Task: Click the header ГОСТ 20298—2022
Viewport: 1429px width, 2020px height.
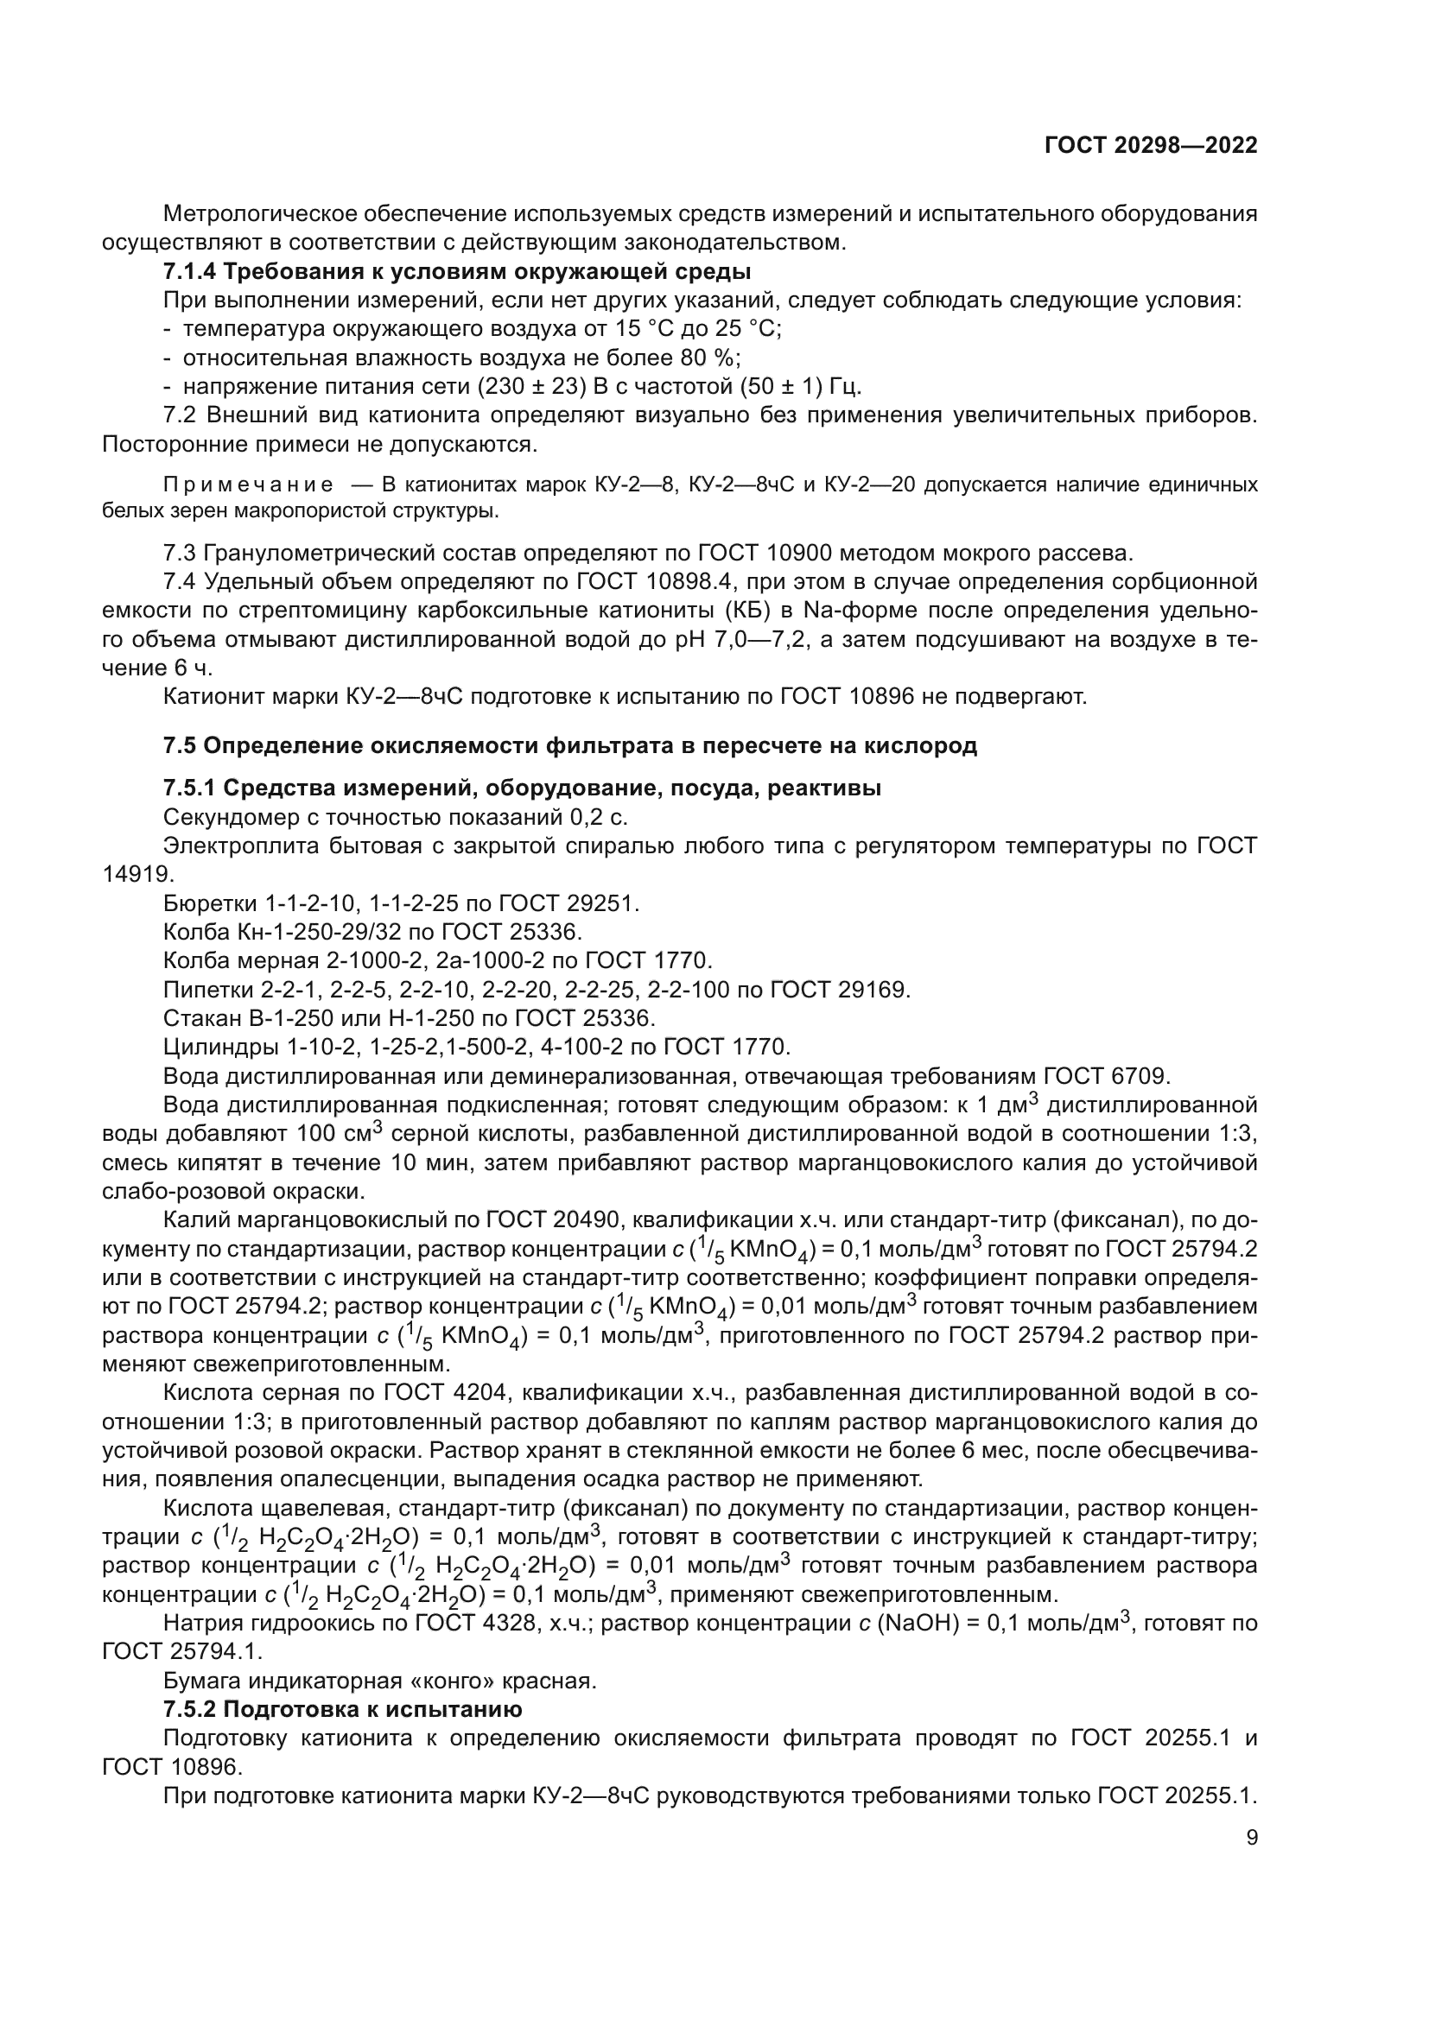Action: tap(1150, 145)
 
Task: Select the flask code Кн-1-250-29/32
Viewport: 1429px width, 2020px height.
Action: tap(323, 932)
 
